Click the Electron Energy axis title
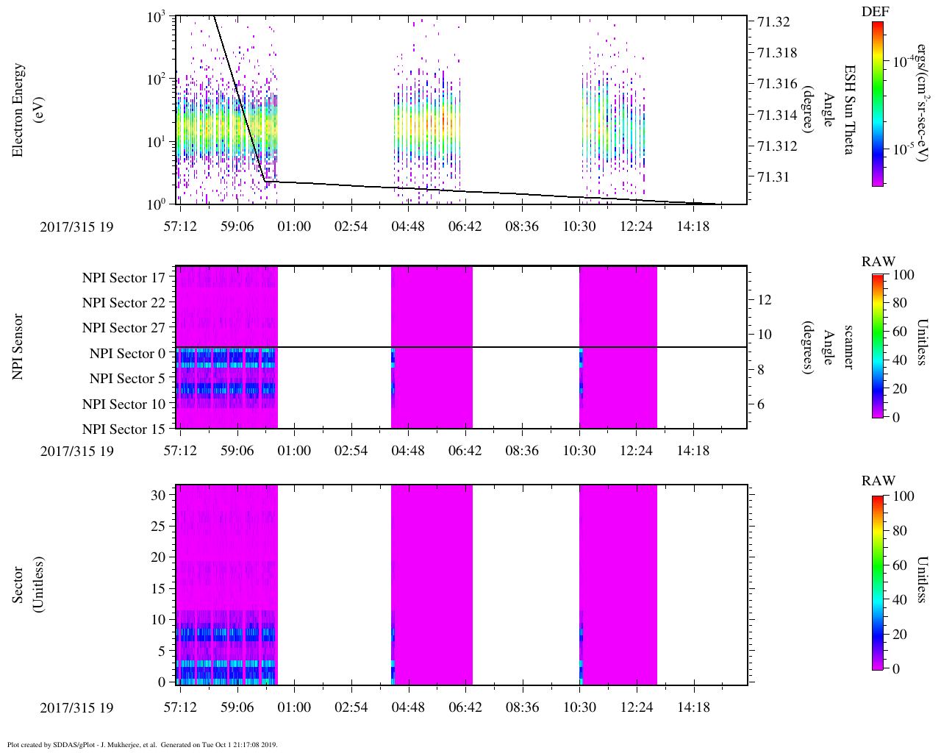[x=19, y=110]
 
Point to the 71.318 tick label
[x=777, y=53]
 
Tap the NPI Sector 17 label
[x=124, y=278]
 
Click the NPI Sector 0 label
[x=127, y=354]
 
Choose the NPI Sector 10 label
[x=124, y=404]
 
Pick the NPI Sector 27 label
[x=124, y=328]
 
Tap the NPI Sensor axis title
[x=19, y=347]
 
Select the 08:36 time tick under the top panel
[x=522, y=226]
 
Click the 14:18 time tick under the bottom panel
[x=693, y=707]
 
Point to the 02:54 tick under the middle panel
[x=351, y=450]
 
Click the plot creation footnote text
[x=143, y=744]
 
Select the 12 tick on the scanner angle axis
[x=765, y=299]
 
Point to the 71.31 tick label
[x=773, y=177]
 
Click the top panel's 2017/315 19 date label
[x=76, y=226]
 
